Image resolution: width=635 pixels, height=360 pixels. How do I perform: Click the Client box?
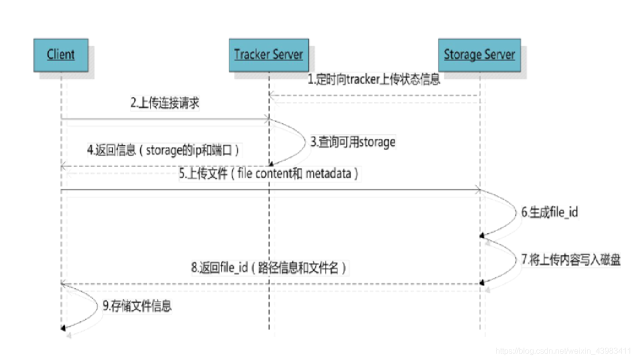60,54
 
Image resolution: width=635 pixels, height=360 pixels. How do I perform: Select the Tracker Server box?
268,54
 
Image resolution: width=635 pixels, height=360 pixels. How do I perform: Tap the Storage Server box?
479,54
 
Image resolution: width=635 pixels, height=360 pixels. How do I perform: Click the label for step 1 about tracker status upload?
373,80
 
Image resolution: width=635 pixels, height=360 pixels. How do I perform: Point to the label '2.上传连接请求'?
165,103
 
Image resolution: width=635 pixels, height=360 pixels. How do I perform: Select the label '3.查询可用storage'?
353,142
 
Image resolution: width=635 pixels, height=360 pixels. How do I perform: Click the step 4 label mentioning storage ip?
165,150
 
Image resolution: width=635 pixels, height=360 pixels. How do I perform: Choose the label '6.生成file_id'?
549,212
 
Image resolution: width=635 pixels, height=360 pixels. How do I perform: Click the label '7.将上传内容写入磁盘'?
570,259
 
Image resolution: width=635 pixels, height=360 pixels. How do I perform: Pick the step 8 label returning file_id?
269,267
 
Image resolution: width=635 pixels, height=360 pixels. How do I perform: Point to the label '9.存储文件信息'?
137,305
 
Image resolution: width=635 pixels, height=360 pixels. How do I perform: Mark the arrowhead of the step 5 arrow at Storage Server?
477,190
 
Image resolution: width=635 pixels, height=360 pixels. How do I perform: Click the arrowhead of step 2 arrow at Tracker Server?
266,119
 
